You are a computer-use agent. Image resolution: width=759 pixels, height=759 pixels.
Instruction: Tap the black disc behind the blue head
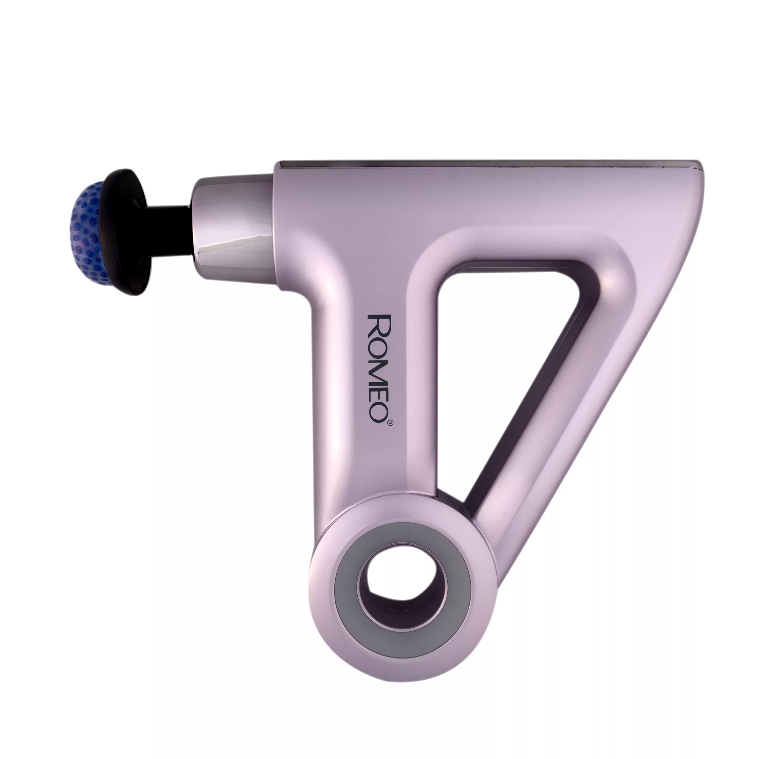130,232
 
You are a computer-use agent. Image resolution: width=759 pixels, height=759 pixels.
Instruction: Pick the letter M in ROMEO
376,367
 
